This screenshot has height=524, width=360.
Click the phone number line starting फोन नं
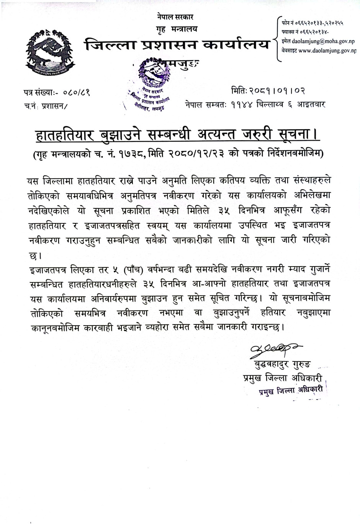[312, 23]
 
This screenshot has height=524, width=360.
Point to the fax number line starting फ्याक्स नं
[308, 32]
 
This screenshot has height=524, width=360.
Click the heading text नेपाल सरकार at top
[175, 17]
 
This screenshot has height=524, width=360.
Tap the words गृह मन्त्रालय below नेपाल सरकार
[177, 29]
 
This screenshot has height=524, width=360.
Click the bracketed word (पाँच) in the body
[132, 270]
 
